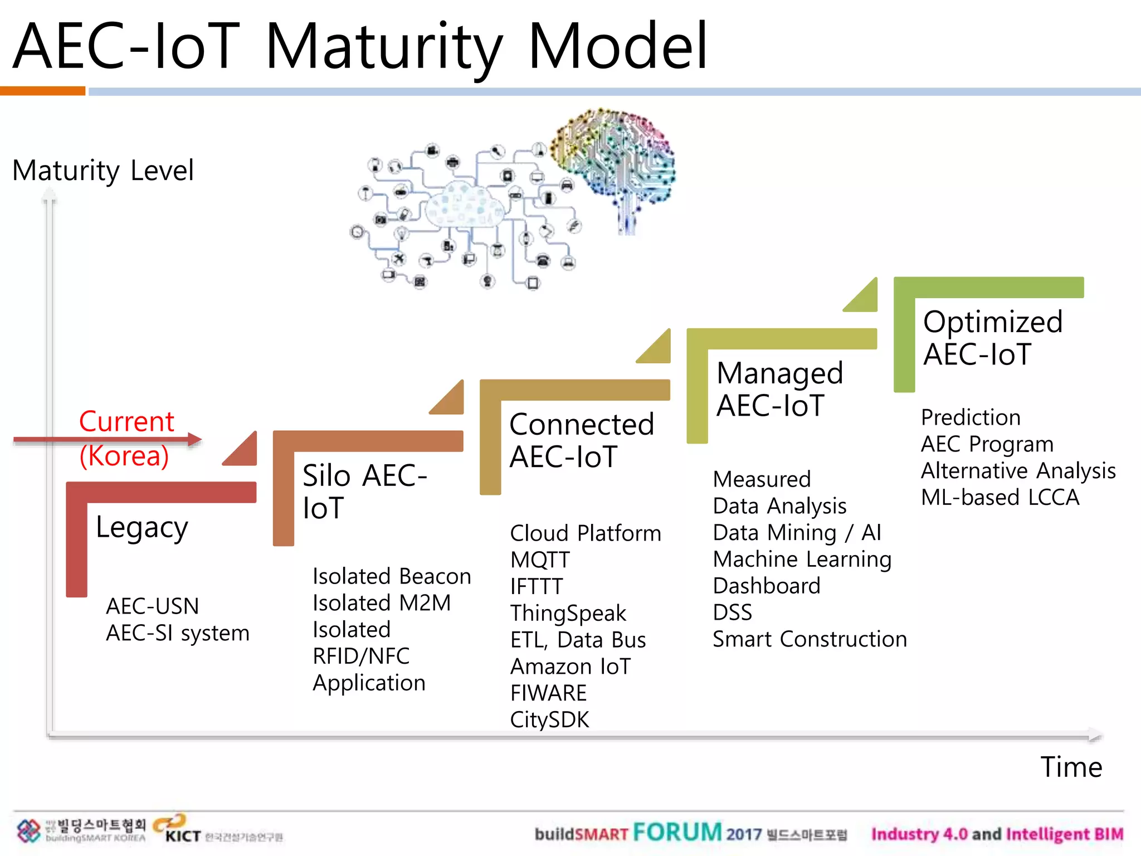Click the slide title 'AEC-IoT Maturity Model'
pyautogui.click(x=360, y=47)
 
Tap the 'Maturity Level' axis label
pyautogui.click(x=103, y=171)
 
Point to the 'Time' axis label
pyautogui.click(x=1071, y=767)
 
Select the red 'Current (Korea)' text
pyautogui.click(x=126, y=439)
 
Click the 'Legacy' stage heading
pyautogui.click(x=142, y=527)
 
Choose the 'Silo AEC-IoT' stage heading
pyautogui.click(x=364, y=492)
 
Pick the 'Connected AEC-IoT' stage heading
pyautogui.click(x=581, y=440)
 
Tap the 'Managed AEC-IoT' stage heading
pyautogui.click(x=779, y=389)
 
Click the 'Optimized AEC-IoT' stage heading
pyautogui.click(x=992, y=338)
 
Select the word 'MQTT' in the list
pyautogui.click(x=540, y=560)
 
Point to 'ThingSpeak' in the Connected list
pyautogui.click(x=568, y=614)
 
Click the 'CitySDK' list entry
pyautogui.click(x=549, y=720)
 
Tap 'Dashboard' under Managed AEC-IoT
pyautogui.click(x=767, y=586)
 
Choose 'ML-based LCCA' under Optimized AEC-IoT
pyautogui.click(x=1000, y=498)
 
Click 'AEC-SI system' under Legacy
pyautogui.click(x=177, y=634)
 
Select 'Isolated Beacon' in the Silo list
pyautogui.click(x=392, y=577)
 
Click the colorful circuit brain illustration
pyautogui.click(x=613, y=162)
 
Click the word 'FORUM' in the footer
pyautogui.click(x=677, y=833)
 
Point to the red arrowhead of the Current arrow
pyautogui.click(x=194, y=439)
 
